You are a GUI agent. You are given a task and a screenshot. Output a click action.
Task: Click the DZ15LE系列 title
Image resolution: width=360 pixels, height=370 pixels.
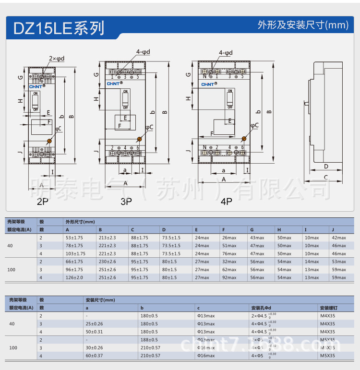pos(59,27)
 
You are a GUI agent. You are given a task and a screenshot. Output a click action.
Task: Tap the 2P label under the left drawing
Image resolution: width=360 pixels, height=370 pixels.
pos(42,202)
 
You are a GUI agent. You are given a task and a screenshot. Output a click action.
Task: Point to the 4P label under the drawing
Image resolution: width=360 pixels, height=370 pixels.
pos(226,202)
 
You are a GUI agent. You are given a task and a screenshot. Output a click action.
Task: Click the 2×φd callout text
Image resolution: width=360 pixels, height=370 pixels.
pos(57,59)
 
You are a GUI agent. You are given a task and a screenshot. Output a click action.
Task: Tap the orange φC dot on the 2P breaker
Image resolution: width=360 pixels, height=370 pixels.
pos(49,141)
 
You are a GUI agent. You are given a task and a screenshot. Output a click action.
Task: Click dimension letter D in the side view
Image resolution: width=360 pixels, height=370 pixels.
pos(326,167)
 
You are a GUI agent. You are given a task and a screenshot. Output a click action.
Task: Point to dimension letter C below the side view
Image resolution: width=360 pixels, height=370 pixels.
pos(326,178)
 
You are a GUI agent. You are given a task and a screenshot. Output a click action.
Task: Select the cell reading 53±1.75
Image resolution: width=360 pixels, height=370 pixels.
pos(74,238)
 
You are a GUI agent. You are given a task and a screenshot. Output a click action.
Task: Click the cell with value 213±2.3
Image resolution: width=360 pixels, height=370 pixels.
pos(107,238)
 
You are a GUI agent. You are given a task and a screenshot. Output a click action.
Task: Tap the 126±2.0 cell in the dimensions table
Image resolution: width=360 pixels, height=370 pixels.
pos(74,277)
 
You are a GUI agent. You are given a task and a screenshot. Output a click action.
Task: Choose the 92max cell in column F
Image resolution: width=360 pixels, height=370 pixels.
pos(229,277)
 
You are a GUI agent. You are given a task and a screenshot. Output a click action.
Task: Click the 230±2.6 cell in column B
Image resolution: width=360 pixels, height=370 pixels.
pos(107,262)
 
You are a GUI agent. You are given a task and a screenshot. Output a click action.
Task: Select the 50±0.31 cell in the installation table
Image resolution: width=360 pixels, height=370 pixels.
pos(94,332)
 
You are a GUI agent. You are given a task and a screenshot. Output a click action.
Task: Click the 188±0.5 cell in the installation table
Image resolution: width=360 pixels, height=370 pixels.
pos(149,340)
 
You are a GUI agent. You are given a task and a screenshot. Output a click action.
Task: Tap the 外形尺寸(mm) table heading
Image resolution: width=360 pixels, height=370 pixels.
pos(80,222)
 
